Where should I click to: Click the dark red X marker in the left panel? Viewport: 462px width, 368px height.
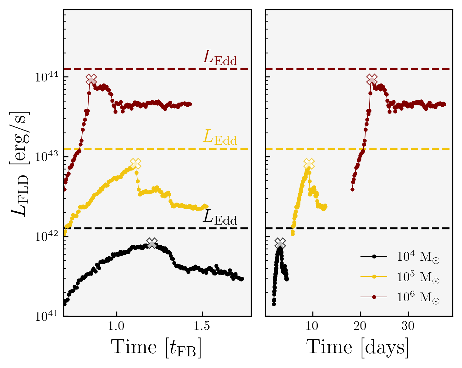[x=91, y=80]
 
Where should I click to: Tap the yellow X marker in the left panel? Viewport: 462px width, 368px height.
[x=135, y=164]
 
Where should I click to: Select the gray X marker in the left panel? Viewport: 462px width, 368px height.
[x=152, y=243]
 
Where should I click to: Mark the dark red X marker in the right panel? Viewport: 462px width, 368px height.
[x=372, y=80]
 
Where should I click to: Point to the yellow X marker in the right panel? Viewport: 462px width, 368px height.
[x=309, y=164]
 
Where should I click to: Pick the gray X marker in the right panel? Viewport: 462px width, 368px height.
[x=280, y=243]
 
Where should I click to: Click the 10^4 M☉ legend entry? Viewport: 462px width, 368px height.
[x=418, y=257]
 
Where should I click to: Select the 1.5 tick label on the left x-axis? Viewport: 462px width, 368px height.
[x=202, y=326]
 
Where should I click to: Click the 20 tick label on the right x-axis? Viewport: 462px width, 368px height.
[x=360, y=326]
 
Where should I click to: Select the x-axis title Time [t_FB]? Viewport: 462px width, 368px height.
[x=156, y=348]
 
